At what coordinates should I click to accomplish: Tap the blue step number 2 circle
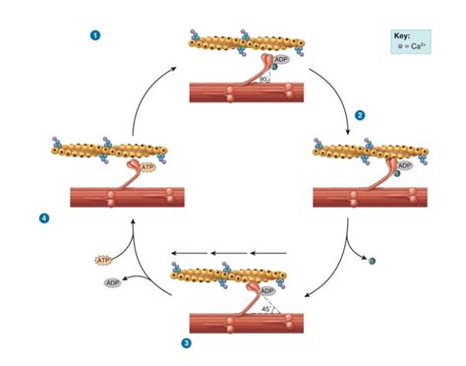tap(360, 115)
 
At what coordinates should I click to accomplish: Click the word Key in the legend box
tap(402, 34)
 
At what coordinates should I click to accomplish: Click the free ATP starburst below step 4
tap(103, 261)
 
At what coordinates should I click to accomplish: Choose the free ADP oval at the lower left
tap(114, 282)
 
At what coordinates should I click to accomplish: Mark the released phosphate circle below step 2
tap(371, 261)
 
